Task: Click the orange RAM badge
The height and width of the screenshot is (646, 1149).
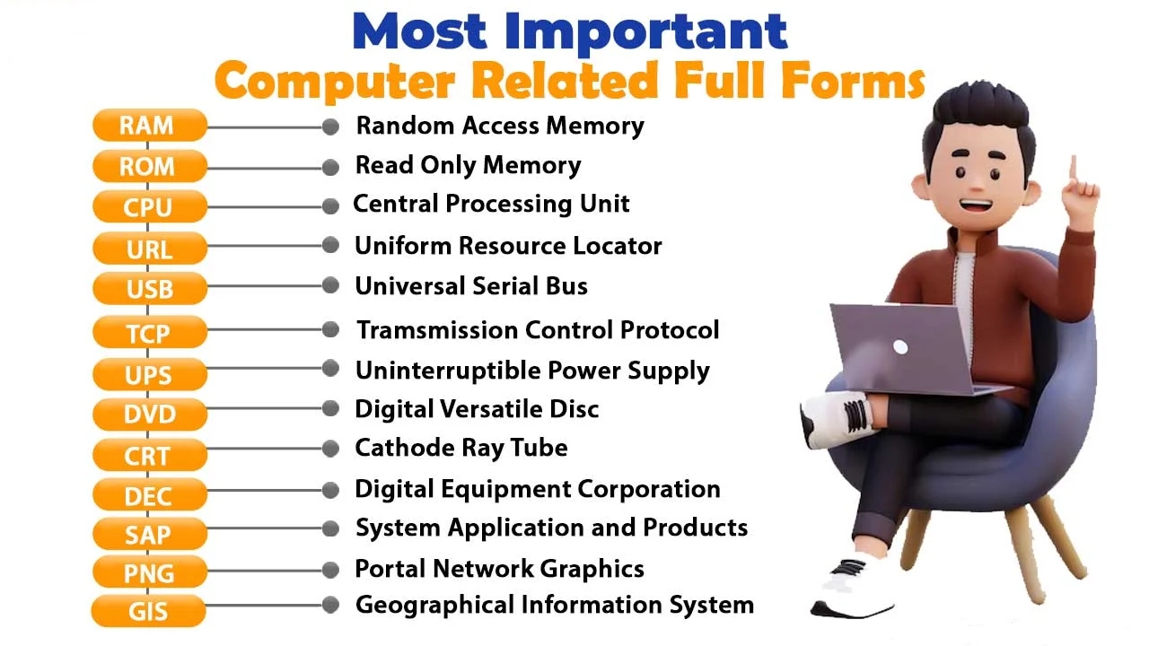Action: pyautogui.click(x=149, y=126)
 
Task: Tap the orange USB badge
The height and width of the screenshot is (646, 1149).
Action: pyautogui.click(x=149, y=289)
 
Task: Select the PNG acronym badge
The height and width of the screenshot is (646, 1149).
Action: pyautogui.click(x=149, y=572)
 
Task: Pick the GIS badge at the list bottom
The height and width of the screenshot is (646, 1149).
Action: pyautogui.click(x=149, y=612)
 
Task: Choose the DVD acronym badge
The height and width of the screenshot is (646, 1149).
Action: pyautogui.click(x=149, y=415)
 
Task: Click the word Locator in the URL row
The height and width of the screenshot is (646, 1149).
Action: pyautogui.click(x=618, y=246)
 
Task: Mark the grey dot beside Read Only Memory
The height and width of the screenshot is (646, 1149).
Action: pyautogui.click(x=330, y=167)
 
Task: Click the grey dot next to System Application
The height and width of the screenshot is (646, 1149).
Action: pyautogui.click(x=330, y=528)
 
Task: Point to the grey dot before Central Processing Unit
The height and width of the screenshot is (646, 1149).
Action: pyautogui.click(x=330, y=206)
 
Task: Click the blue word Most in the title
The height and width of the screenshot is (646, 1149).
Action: pyautogui.click(x=422, y=31)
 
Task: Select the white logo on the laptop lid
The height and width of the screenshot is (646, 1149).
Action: pyautogui.click(x=900, y=347)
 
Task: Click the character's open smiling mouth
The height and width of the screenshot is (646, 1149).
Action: pyautogui.click(x=976, y=205)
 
